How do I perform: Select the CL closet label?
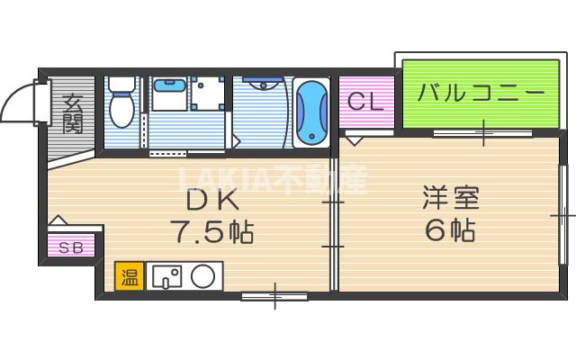click(365, 101)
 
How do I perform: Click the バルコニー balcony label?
click(482, 93)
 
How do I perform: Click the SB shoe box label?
click(71, 247)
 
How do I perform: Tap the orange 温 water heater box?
click(129, 275)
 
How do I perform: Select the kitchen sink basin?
click(166, 275)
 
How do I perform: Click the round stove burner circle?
click(203, 275)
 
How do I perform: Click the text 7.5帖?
click(210, 232)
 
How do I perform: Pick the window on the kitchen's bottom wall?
click(274, 293)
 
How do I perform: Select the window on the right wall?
click(562, 215)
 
